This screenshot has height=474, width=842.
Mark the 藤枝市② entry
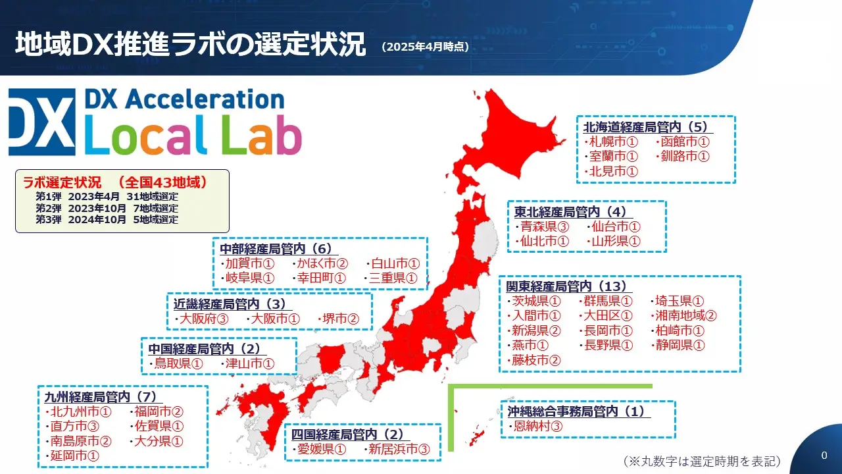tap(536, 360)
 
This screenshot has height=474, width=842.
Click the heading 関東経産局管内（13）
tap(568, 286)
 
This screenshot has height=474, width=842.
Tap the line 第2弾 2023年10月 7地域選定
tap(107, 208)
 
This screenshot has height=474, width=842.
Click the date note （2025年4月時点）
tap(425, 47)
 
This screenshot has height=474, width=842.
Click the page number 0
tap(824, 456)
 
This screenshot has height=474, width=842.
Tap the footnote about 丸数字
tap(702, 461)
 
